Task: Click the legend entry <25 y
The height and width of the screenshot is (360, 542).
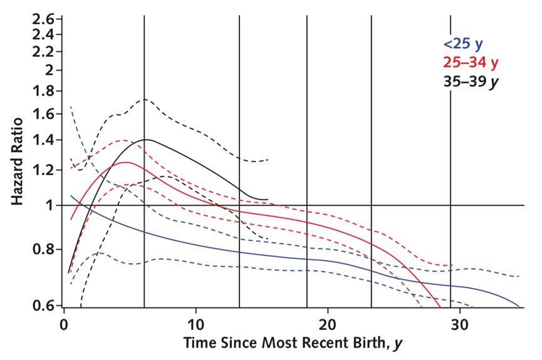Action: coord(462,44)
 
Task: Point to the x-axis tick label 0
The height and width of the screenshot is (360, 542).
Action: coord(64,327)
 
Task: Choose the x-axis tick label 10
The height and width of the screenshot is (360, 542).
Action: coord(196,327)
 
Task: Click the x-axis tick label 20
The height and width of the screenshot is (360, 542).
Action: coord(328,327)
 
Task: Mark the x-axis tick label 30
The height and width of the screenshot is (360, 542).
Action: coord(459,327)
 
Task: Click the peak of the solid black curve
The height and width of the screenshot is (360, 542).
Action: coord(146,139)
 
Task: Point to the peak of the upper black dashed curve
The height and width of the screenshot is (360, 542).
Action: coord(144,99)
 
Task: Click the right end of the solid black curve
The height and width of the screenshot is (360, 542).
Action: coord(268,199)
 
